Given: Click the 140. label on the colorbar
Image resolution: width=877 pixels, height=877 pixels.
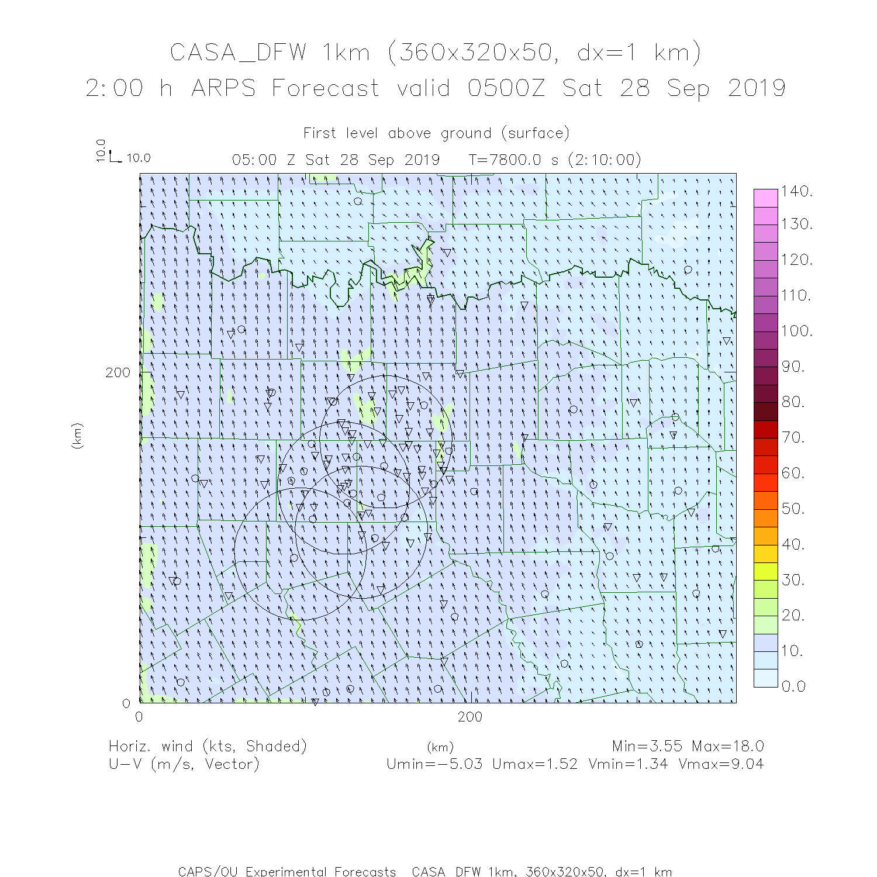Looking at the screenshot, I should click(x=797, y=191).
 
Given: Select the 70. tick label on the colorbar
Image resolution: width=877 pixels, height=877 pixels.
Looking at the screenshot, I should click(x=793, y=437).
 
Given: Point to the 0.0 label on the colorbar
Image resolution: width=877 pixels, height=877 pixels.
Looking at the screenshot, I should click(x=793, y=686).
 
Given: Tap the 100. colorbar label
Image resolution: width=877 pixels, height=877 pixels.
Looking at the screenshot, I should click(x=797, y=331).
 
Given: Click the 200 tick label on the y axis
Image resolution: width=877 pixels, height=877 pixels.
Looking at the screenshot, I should click(x=118, y=372).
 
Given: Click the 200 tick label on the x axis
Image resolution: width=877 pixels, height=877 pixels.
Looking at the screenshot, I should click(x=470, y=717).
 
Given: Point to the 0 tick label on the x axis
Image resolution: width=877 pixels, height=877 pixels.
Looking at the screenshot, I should click(x=139, y=717).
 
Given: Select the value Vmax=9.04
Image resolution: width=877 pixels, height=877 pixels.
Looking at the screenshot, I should click(x=720, y=764).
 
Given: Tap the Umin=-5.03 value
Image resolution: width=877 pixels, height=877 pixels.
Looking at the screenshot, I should click(x=434, y=764).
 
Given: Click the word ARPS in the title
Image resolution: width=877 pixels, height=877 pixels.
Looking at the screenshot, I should click(x=223, y=88).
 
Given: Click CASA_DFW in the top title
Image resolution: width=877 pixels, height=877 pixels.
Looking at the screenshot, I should click(x=238, y=53).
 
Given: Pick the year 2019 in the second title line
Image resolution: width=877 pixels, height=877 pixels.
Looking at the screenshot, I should click(x=757, y=88).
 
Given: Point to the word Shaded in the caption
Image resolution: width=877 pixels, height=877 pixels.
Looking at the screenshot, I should click(x=276, y=746).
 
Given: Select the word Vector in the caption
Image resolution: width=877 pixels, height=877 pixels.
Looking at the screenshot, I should click(x=232, y=764).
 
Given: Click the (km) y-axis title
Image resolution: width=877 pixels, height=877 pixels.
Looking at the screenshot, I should click(x=77, y=436).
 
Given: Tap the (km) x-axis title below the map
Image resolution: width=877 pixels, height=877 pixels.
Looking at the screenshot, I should click(x=440, y=747).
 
